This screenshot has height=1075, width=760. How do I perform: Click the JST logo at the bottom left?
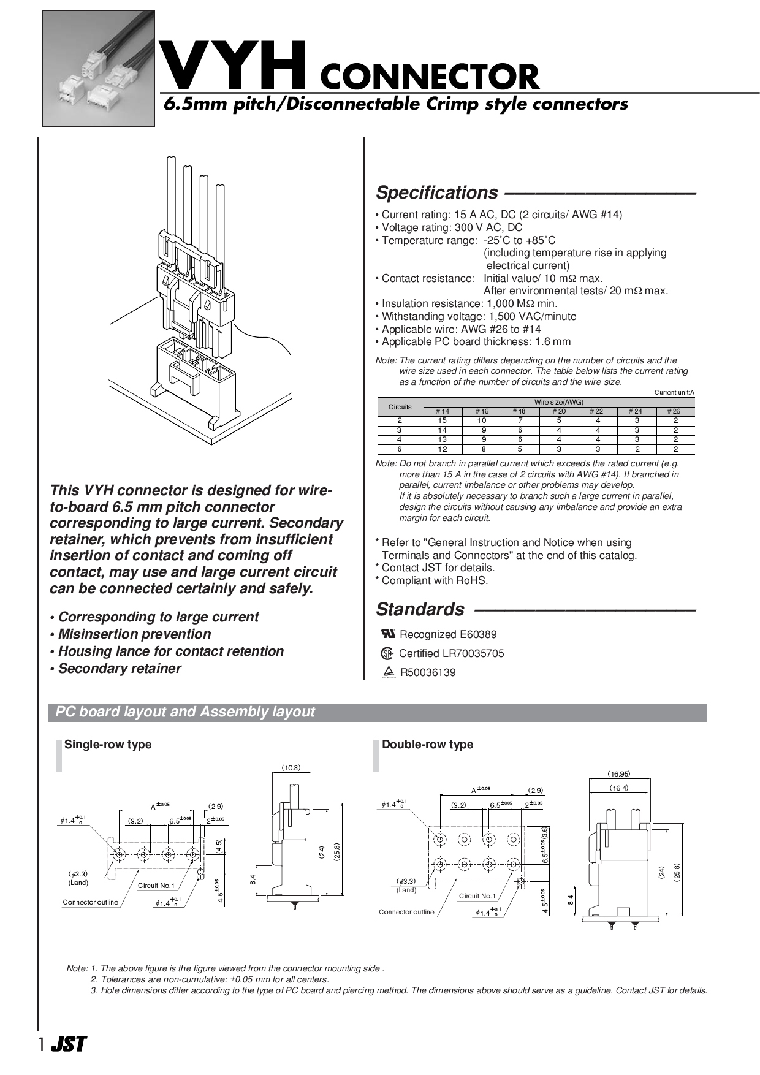point(69,1044)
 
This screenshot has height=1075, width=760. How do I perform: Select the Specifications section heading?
point(437,192)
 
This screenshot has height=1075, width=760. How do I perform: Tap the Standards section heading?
point(420,609)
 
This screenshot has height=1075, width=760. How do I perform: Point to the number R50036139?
point(428,672)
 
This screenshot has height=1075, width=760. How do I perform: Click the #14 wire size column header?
point(442,411)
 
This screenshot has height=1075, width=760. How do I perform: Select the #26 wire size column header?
point(675,411)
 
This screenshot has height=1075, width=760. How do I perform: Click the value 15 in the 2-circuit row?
point(442,420)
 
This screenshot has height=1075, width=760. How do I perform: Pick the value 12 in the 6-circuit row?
point(442,449)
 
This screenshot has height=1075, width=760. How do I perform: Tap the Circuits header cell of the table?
point(400,407)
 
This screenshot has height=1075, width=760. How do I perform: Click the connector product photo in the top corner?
point(98,69)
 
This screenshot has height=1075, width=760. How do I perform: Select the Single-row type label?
point(108,745)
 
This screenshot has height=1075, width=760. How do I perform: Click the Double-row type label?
point(427,745)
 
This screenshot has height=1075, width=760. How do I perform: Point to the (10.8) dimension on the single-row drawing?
point(291,767)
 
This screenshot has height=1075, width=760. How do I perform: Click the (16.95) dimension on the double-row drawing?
point(618,774)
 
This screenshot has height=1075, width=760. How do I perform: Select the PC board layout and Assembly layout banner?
point(185,712)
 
